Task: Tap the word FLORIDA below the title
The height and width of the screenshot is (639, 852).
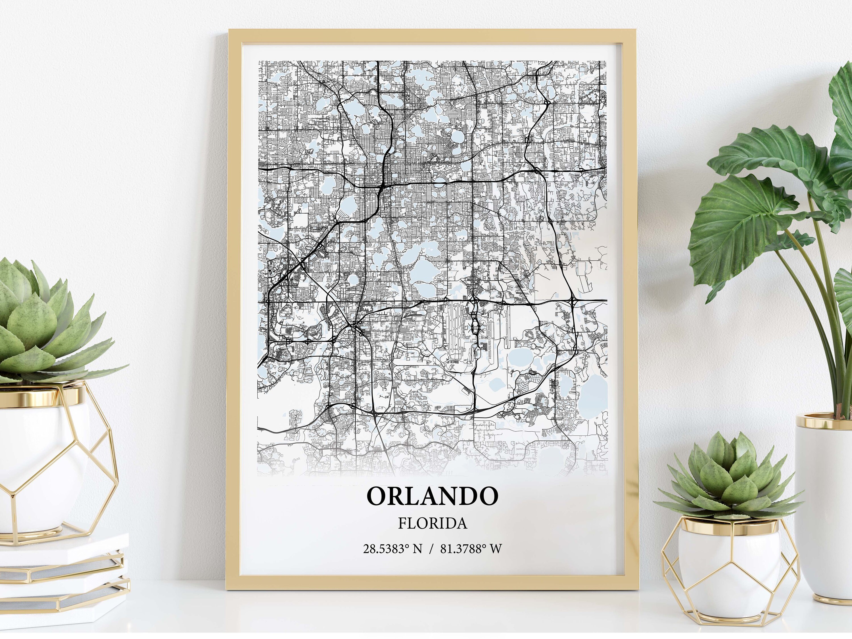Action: (432, 523)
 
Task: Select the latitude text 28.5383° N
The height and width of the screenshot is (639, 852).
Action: (392, 548)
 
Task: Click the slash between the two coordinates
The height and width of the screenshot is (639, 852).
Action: (431, 548)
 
